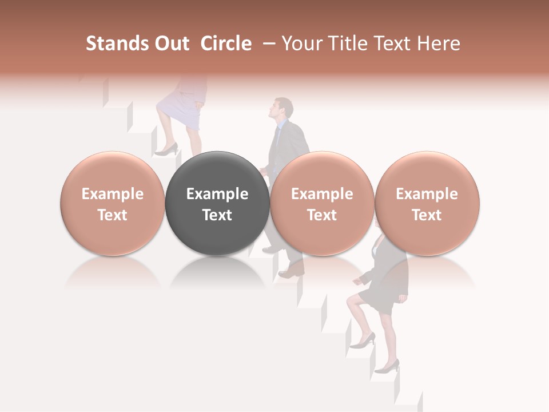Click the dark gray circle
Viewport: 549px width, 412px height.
pos(217,203)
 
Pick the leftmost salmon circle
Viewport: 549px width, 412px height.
pos(113,203)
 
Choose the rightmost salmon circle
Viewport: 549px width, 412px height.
pos(427,203)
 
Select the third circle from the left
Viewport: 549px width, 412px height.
pos(322,203)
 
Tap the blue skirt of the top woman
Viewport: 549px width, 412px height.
pos(179,109)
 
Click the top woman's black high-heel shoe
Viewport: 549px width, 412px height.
pos(166,150)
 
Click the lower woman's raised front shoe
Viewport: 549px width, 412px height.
pos(363,342)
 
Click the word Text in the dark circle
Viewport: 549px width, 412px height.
pos(217,215)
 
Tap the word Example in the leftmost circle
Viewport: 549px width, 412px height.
pos(113,194)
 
